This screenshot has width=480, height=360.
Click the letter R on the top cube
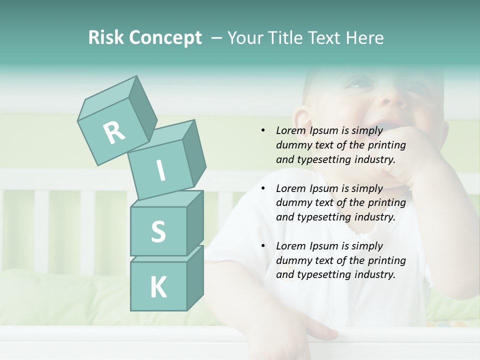pos(114,132)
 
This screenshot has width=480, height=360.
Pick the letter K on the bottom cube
pos(158,287)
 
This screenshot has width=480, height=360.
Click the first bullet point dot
pos(263,130)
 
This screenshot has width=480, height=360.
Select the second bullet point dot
pos(263,188)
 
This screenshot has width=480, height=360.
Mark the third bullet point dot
pos(263,246)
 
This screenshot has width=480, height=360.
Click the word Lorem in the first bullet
pos(291,130)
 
